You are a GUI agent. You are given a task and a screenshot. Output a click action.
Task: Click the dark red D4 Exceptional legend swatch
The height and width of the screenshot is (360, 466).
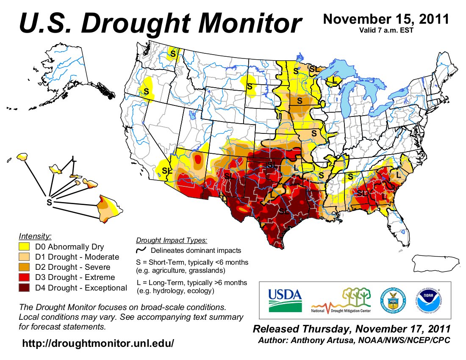tap(25, 288)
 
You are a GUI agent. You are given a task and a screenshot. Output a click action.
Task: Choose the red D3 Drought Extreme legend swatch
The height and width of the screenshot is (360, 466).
tap(25, 278)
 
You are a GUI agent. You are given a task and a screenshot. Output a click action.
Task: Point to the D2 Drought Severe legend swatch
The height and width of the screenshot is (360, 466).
tap(25, 267)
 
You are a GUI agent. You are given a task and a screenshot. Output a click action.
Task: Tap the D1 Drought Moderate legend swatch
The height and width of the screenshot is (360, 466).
tap(25, 257)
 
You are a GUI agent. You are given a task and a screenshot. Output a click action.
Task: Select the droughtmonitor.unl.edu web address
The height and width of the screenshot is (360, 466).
tap(98, 343)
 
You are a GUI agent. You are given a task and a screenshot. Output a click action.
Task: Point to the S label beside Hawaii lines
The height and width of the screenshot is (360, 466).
tap(49, 203)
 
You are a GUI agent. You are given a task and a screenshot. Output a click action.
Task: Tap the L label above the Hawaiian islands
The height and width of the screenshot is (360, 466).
tap(74, 159)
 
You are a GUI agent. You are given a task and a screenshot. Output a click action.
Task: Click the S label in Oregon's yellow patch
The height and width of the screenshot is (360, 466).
tap(146, 91)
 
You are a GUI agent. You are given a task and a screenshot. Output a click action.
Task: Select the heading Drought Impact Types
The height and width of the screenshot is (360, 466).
tap(171, 241)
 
